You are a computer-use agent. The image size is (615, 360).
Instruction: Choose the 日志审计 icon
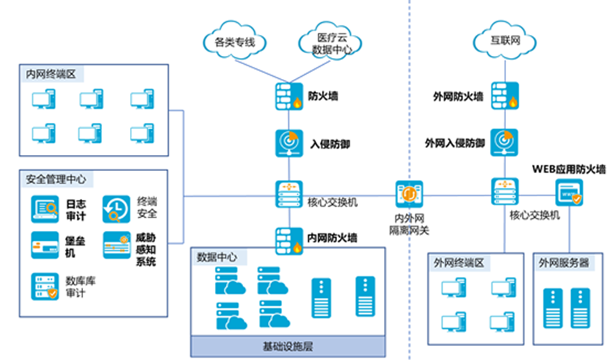point(45,208)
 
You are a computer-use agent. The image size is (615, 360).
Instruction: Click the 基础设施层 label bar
point(288,347)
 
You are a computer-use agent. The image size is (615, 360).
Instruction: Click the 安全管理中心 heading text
point(56,179)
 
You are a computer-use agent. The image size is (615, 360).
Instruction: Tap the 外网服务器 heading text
point(564,263)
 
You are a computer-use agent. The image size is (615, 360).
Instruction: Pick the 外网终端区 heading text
point(459,263)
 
